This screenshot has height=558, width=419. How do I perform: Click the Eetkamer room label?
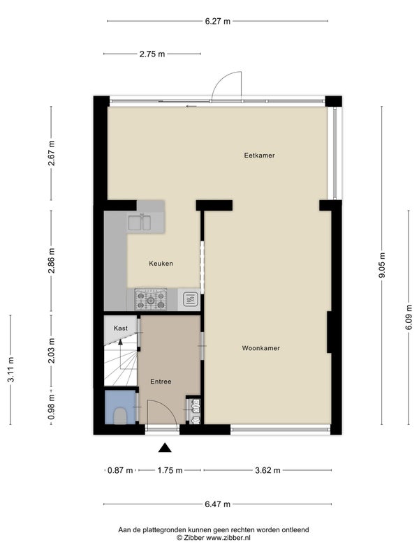259,156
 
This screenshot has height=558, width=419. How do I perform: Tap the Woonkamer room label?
260,348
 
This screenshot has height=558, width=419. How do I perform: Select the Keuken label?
161,264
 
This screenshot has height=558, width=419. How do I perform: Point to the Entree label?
161,382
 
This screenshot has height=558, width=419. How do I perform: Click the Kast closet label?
120,328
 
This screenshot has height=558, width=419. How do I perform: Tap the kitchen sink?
139,223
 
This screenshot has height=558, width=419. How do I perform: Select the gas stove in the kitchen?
151,300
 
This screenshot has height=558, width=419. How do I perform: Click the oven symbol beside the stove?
190,299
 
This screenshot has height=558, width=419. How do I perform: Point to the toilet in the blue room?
119,416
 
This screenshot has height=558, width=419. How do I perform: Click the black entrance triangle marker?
165,448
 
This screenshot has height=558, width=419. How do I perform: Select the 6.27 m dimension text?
218,22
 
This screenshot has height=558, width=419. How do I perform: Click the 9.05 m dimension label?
382,266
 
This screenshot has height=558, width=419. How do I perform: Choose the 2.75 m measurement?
152,54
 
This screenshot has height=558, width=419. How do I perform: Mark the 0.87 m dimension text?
120,470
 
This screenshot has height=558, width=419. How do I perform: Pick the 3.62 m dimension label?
267,470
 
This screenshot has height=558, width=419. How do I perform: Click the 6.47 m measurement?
217,504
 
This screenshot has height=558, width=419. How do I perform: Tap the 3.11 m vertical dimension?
11,370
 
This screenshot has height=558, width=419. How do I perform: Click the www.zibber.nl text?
228,538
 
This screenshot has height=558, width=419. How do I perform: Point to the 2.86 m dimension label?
52,260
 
